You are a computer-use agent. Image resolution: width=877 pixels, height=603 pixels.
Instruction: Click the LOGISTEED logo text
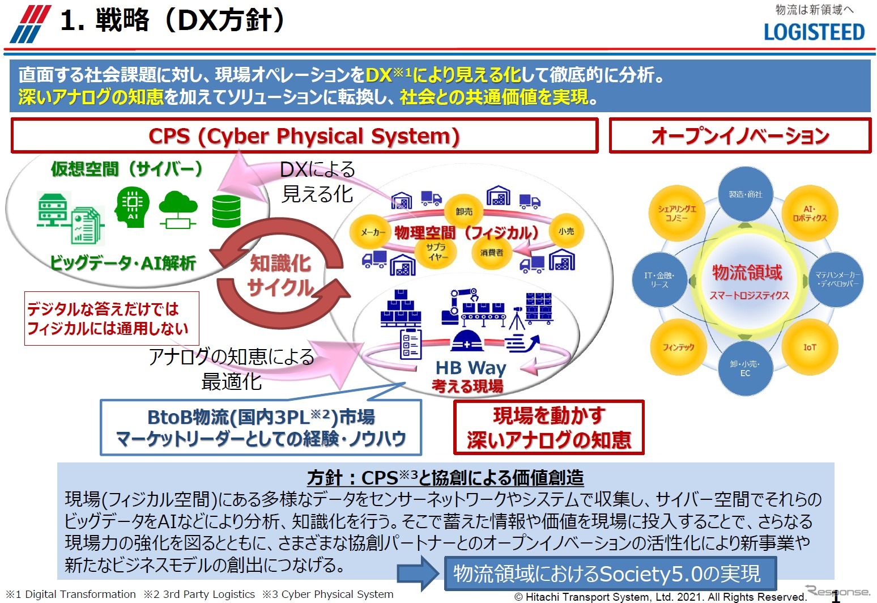(x=814, y=32)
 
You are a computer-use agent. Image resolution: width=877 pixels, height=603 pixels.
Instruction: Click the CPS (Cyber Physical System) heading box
(x=304, y=136)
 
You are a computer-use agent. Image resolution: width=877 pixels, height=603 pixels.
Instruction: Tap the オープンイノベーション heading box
(x=740, y=136)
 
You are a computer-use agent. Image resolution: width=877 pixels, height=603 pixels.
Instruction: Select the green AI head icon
(x=131, y=207)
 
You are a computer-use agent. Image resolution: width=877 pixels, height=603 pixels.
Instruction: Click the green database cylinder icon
(x=226, y=211)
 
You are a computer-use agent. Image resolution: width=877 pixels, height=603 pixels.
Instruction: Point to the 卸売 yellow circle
(x=464, y=211)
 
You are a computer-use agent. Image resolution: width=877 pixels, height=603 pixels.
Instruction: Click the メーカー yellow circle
(x=372, y=232)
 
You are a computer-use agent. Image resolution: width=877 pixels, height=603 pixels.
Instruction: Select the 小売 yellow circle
(x=566, y=231)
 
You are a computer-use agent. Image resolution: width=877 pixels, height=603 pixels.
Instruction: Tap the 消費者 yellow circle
(x=491, y=252)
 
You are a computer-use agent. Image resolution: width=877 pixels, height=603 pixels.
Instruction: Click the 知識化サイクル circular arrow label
(x=281, y=275)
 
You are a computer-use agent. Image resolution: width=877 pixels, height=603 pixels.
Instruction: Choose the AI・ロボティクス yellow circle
(x=810, y=214)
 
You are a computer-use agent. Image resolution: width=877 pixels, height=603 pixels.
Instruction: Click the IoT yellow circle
(x=810, y=347)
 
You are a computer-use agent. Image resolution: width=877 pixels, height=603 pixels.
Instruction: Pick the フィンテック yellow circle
(x=678, y=347)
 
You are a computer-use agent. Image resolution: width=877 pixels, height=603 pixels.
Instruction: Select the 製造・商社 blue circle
(x=745, y=194)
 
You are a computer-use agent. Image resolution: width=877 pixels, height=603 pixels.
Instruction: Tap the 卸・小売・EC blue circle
(x=745, y=368)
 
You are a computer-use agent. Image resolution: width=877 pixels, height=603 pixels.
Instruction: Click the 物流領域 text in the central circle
(x=747, y=273)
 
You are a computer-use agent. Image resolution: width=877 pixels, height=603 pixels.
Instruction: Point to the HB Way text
(x=470, y=368)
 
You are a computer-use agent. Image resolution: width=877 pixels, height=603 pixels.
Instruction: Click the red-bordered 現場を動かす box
(x=548, y=427)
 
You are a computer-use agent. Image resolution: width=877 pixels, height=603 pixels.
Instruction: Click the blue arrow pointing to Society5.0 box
(x=418, y=573)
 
